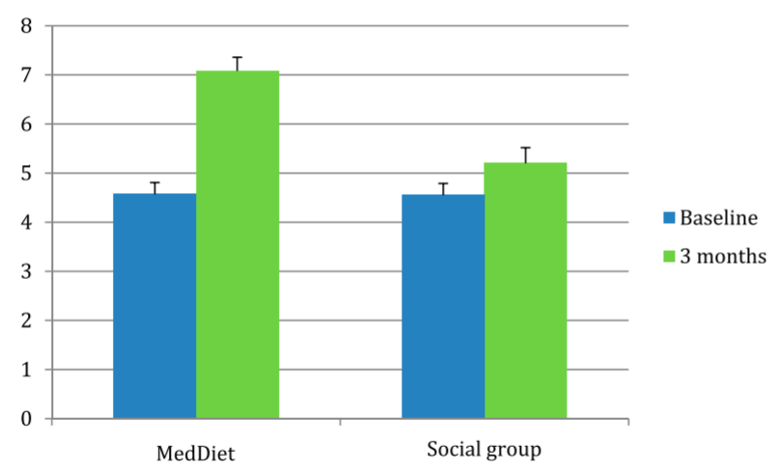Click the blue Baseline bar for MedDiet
154,306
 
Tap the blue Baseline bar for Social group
443,306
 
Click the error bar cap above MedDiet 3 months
237,58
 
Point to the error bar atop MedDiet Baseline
154,183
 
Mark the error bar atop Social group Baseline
443,184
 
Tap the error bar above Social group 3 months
525,149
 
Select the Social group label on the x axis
484,450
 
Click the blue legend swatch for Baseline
668,217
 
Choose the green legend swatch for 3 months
668,257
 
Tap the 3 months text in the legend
723,257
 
